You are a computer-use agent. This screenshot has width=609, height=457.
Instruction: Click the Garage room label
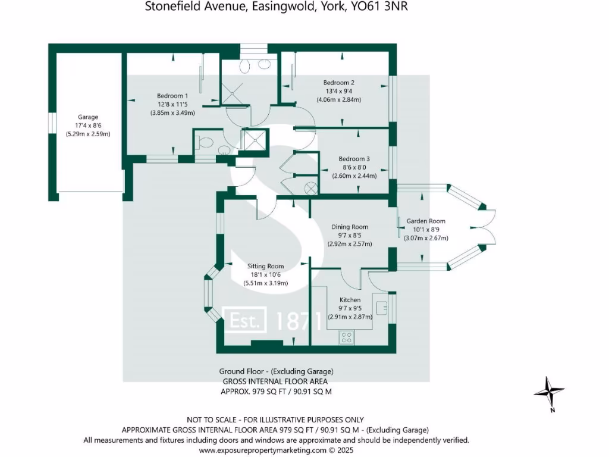pos(88,117)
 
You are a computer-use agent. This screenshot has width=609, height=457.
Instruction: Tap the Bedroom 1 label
pos(172,96)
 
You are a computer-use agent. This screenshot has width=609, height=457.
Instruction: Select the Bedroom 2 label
pos(339,83)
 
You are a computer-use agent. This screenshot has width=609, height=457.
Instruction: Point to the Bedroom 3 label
pos(354,159)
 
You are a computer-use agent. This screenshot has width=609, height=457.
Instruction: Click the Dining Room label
pos(350,227)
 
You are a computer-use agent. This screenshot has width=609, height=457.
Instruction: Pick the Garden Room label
pos(426,221)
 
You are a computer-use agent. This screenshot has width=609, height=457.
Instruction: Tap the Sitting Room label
pos(266,266)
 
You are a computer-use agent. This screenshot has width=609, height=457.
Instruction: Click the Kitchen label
pos(350,299)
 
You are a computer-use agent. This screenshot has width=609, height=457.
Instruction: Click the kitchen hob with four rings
pos(347,337)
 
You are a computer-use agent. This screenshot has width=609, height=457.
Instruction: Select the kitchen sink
pos(382,307)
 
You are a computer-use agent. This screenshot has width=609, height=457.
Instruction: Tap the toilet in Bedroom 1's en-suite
pos(205,143)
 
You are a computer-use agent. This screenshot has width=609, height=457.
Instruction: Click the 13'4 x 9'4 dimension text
pos(339,92)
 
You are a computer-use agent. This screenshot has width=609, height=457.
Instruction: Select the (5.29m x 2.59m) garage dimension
pos(88,134)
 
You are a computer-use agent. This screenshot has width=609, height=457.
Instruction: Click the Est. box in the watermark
pos(245,321)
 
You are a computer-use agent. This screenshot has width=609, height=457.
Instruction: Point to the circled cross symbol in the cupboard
pos(310,188)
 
